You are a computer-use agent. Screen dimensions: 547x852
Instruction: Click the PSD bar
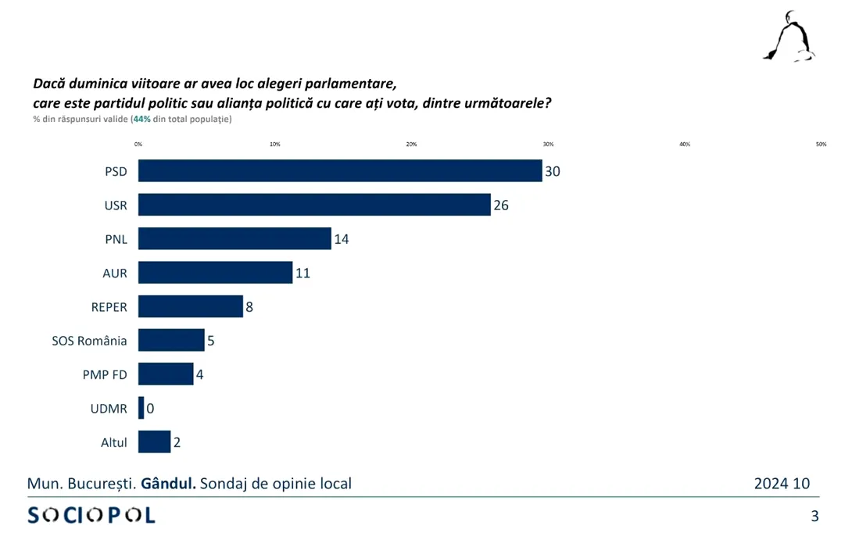340,170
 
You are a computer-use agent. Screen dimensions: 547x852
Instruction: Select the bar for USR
314,205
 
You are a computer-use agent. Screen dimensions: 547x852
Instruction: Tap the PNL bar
234,238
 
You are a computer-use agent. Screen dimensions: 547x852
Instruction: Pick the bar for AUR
215,272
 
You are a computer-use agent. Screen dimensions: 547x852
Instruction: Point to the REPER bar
191,306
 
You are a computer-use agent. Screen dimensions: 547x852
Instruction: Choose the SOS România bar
171,340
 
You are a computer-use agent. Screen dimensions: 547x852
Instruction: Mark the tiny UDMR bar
141,408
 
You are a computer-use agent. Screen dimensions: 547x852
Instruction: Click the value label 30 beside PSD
553,171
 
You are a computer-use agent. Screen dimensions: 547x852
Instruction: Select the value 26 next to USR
501,205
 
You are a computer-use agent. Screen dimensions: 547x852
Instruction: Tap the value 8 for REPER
249,306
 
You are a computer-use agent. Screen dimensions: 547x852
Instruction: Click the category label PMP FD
105,374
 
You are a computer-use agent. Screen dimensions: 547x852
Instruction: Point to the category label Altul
114,442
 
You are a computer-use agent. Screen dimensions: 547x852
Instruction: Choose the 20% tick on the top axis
412,144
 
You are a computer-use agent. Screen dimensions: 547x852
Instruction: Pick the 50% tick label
821,144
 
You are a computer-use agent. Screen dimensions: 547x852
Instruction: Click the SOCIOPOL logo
91,515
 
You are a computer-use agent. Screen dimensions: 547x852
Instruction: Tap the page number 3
815,516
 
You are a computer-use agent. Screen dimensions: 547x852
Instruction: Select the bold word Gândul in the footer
167,484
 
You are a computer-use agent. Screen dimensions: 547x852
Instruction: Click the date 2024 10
782,484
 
